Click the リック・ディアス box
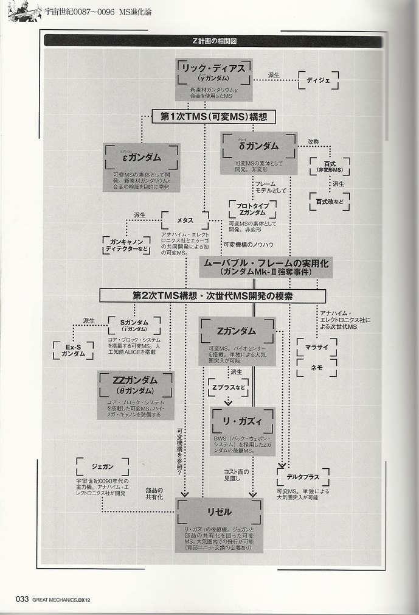pyautogui.click(x=213, y=79)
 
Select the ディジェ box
pyautogui.click(x=317, y=79)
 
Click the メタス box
pyautogui.click(x=185, y=220)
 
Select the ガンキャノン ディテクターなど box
pyautogui.click(x=126, y=244)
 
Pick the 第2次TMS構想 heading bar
pyautogui.click(x=213, y=296)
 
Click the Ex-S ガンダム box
pyautogui.click(x=73, y=350)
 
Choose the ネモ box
pyautogui.click(x=317, y=367)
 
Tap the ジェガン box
pyautogui.click(x=102, y=467)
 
